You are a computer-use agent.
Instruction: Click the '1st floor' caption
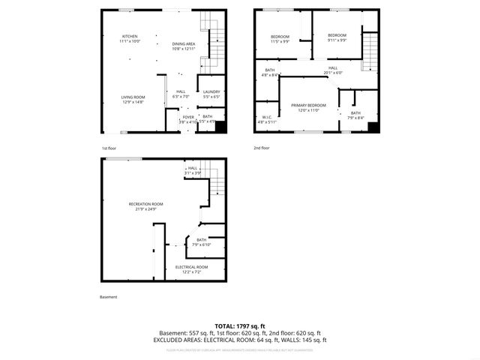[109, 148]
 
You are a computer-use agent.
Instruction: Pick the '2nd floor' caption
[262, 148]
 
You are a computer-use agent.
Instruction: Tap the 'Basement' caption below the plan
[109, 297]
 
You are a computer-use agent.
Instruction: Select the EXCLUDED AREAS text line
[240, 340]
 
